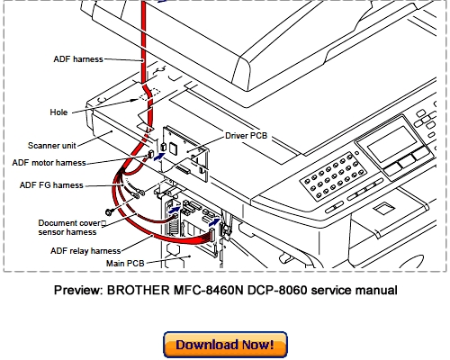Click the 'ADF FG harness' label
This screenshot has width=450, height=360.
point(50,185)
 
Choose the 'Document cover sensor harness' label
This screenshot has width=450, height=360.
point(73,227)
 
